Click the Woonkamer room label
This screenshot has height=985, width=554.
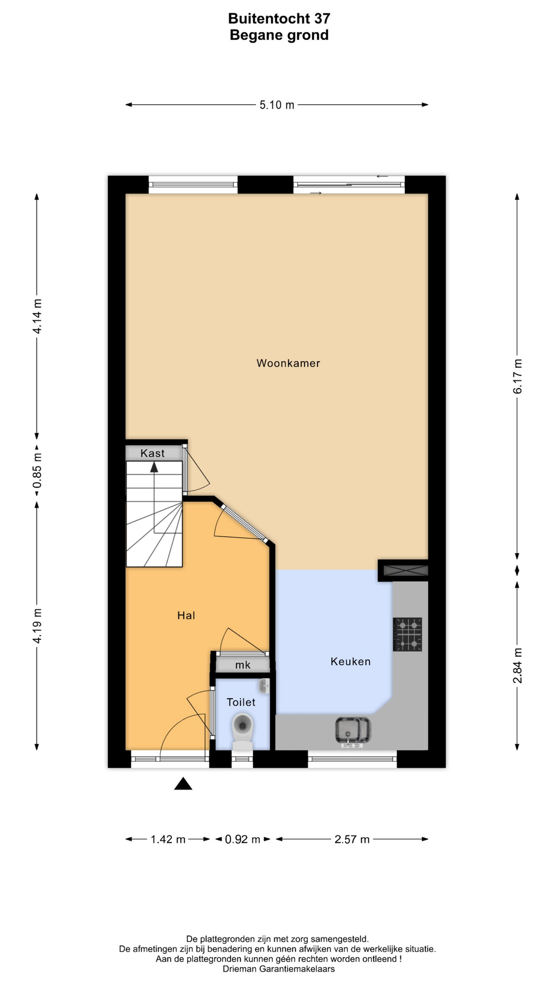(288, 363)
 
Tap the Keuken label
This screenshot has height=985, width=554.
(350, 662)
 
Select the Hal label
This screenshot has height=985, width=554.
(186, 616)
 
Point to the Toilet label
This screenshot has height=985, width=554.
(241, 702)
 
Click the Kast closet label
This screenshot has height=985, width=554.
(153, 453)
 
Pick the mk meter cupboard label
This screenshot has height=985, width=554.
(243, 665)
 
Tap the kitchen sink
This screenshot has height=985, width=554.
(353, 731)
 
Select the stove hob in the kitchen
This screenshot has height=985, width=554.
(407, 635)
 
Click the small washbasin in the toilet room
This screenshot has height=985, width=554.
(264, 686)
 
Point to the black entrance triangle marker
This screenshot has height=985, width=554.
(183, 783)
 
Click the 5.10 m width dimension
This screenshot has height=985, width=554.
(277, 105)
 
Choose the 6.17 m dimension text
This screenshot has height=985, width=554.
(518, 377)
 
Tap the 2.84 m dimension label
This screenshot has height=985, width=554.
(518, 665)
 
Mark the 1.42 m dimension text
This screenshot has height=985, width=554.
(168, 840)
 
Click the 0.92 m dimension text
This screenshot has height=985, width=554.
(243, 840)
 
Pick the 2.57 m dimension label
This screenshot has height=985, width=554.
(352, 840)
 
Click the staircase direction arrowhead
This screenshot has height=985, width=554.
(154, 466)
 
